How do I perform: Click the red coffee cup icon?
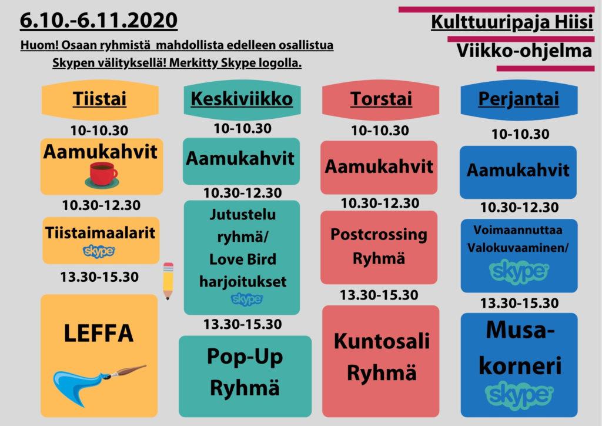102,175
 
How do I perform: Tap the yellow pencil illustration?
168,281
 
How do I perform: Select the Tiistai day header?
100,99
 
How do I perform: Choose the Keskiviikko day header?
242,99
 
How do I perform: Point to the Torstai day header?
381,99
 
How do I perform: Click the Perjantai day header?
519,99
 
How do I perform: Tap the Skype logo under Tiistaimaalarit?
99,251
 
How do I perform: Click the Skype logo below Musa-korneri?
519,394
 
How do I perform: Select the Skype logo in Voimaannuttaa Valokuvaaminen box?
519,272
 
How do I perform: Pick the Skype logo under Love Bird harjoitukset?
247,299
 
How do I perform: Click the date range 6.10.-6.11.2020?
99,21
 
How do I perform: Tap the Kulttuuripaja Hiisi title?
512,22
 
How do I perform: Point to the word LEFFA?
99,333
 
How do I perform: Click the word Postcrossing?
379,234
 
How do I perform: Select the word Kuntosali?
382,341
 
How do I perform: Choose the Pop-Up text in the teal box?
245,357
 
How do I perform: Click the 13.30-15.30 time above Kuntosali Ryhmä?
379,295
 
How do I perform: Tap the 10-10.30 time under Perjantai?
520,134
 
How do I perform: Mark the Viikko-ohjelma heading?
524,51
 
